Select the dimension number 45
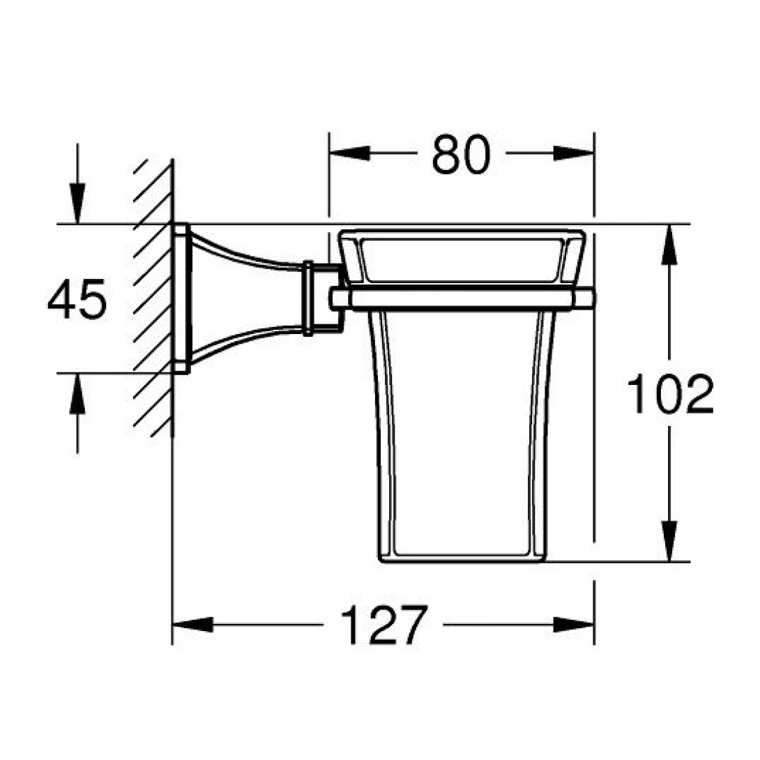click(x=77, y=300)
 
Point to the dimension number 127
click(x=383, y=625)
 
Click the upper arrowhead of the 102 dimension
click(x=670, y=244)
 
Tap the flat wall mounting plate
click(x=180, y=298)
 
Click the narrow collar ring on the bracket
click(x=307, y=298)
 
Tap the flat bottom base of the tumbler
click(x=461, y=558)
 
